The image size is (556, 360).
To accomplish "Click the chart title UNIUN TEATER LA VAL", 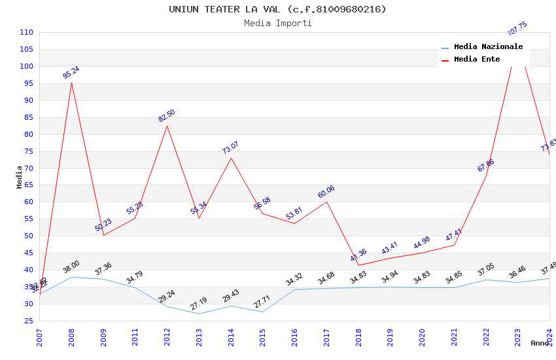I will pos(277,9).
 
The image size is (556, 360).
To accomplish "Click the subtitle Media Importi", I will pos(277,24).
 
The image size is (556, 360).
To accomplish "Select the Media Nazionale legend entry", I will pos(488,47).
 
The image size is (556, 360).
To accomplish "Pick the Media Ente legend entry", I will pos(477,60).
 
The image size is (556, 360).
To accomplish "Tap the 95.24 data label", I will pos(71,73).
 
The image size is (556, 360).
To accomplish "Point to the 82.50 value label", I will pos(167,116).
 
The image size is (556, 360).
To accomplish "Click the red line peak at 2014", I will pos(231,158).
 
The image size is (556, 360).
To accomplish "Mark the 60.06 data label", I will pos(326,192).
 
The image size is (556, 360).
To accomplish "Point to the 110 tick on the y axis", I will pos(26,33).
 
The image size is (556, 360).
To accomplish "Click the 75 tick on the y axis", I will pos(28,151).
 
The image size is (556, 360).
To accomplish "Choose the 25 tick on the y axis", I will pos(28,321).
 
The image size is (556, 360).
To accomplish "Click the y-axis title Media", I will pos(19,177).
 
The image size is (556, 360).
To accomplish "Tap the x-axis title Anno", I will pos(540,343).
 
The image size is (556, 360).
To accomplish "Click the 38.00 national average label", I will pos(71,267).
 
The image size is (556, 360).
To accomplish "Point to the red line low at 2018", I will pos(358,265).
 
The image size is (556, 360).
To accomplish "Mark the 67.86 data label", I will pos(486,166).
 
